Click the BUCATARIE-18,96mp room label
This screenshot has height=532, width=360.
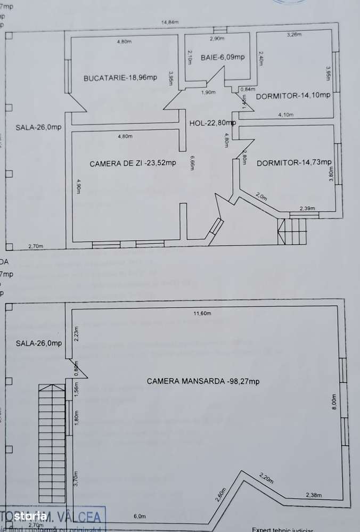[120, 78]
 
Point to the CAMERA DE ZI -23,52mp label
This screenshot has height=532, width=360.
[133, 163]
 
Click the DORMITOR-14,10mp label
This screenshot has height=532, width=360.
[293, 96]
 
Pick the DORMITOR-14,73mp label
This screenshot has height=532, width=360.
[294, 162]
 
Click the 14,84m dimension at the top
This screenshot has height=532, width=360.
[170, 22]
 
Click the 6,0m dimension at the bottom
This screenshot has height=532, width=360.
[140, 516]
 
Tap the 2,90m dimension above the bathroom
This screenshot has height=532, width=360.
[217, 39]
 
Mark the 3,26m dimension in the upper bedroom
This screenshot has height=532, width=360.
[294, 35]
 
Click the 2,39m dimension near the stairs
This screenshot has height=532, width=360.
[307, 208]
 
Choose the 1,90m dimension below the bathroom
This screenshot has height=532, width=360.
[208, 93]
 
